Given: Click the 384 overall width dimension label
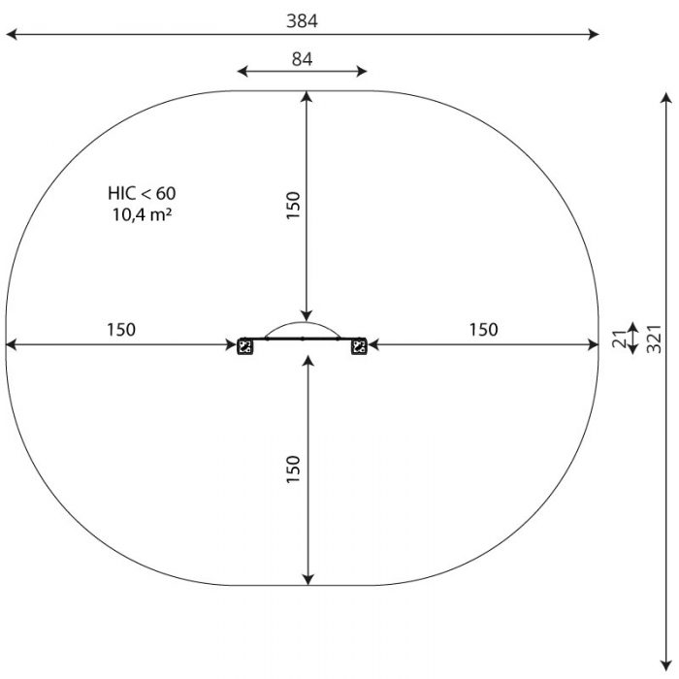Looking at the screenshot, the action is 302,20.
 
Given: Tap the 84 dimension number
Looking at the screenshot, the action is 302,59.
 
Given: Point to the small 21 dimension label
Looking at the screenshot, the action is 620,339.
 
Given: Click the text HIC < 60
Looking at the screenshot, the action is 142,193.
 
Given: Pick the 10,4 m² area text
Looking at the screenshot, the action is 142,214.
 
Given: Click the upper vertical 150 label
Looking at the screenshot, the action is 293,206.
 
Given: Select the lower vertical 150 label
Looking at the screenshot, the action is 293,469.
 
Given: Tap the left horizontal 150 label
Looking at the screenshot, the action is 121,330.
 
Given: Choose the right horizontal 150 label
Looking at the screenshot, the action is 484,330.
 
